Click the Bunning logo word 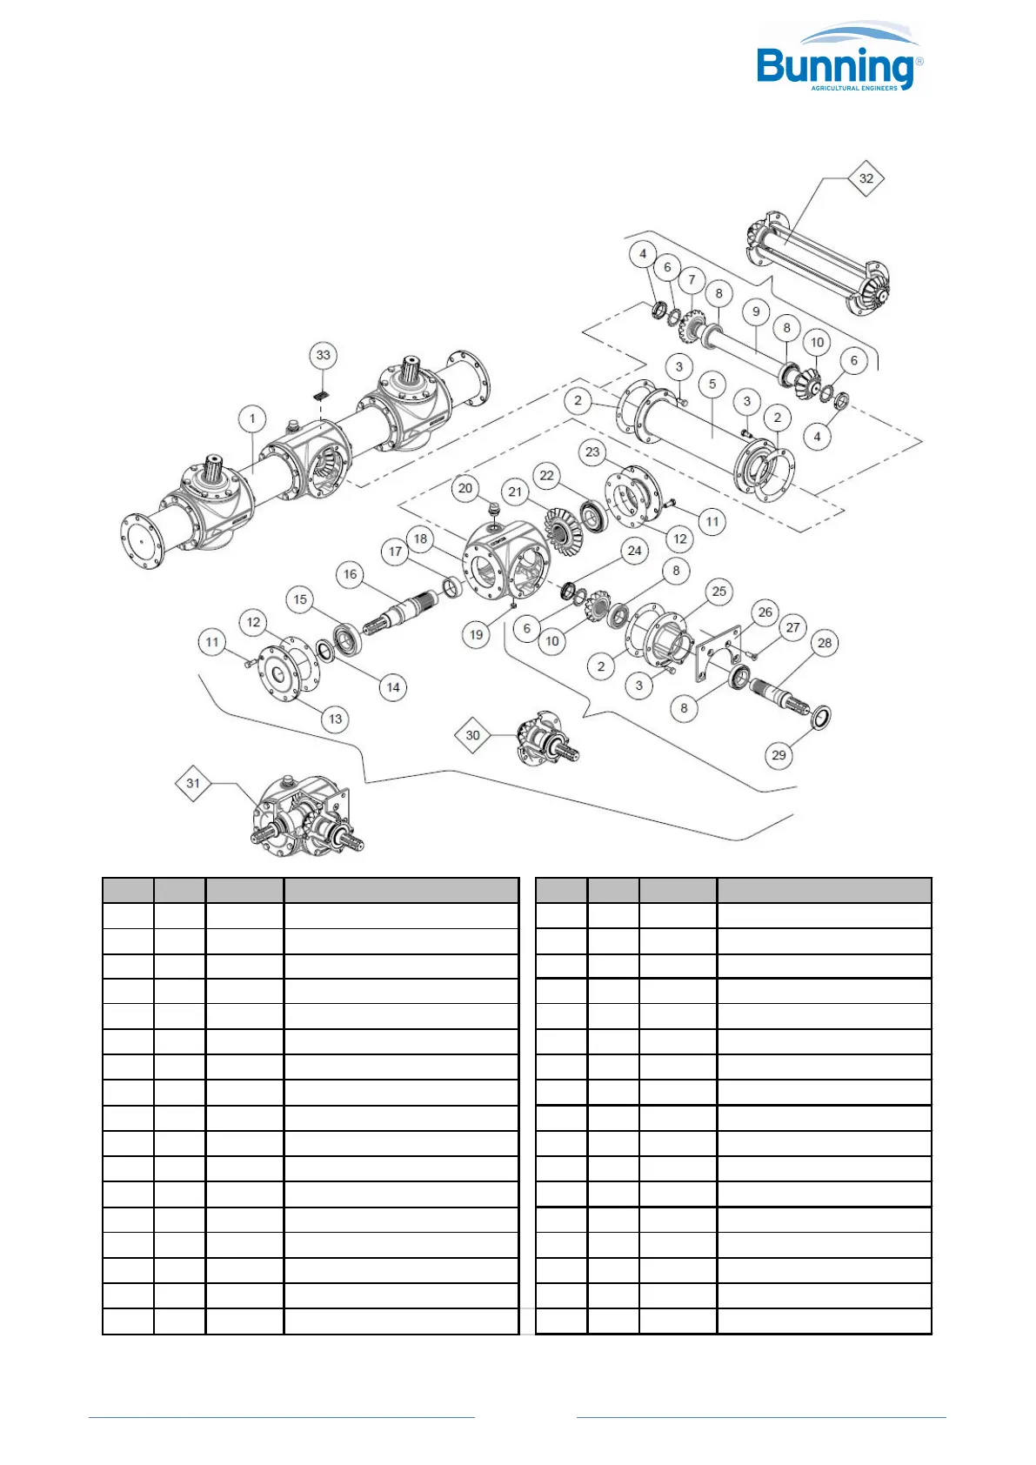[833, 67]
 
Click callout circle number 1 [252, 419]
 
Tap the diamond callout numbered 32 [866, 178]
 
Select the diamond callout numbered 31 [193, 783]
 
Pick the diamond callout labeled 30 [472, 735]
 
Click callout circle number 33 [324, 355]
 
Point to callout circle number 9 [756, 311]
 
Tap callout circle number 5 [712, 384]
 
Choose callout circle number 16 [350, 574]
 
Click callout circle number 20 [465, 488]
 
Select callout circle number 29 [779, 755]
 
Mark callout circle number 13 [335, 719]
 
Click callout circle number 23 [592, 452]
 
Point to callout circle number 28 [825, 643]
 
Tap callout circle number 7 [692, 280]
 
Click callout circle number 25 [719, 592]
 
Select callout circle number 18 [420, 539]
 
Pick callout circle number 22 [546, 475]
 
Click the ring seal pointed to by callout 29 [820, 718]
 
